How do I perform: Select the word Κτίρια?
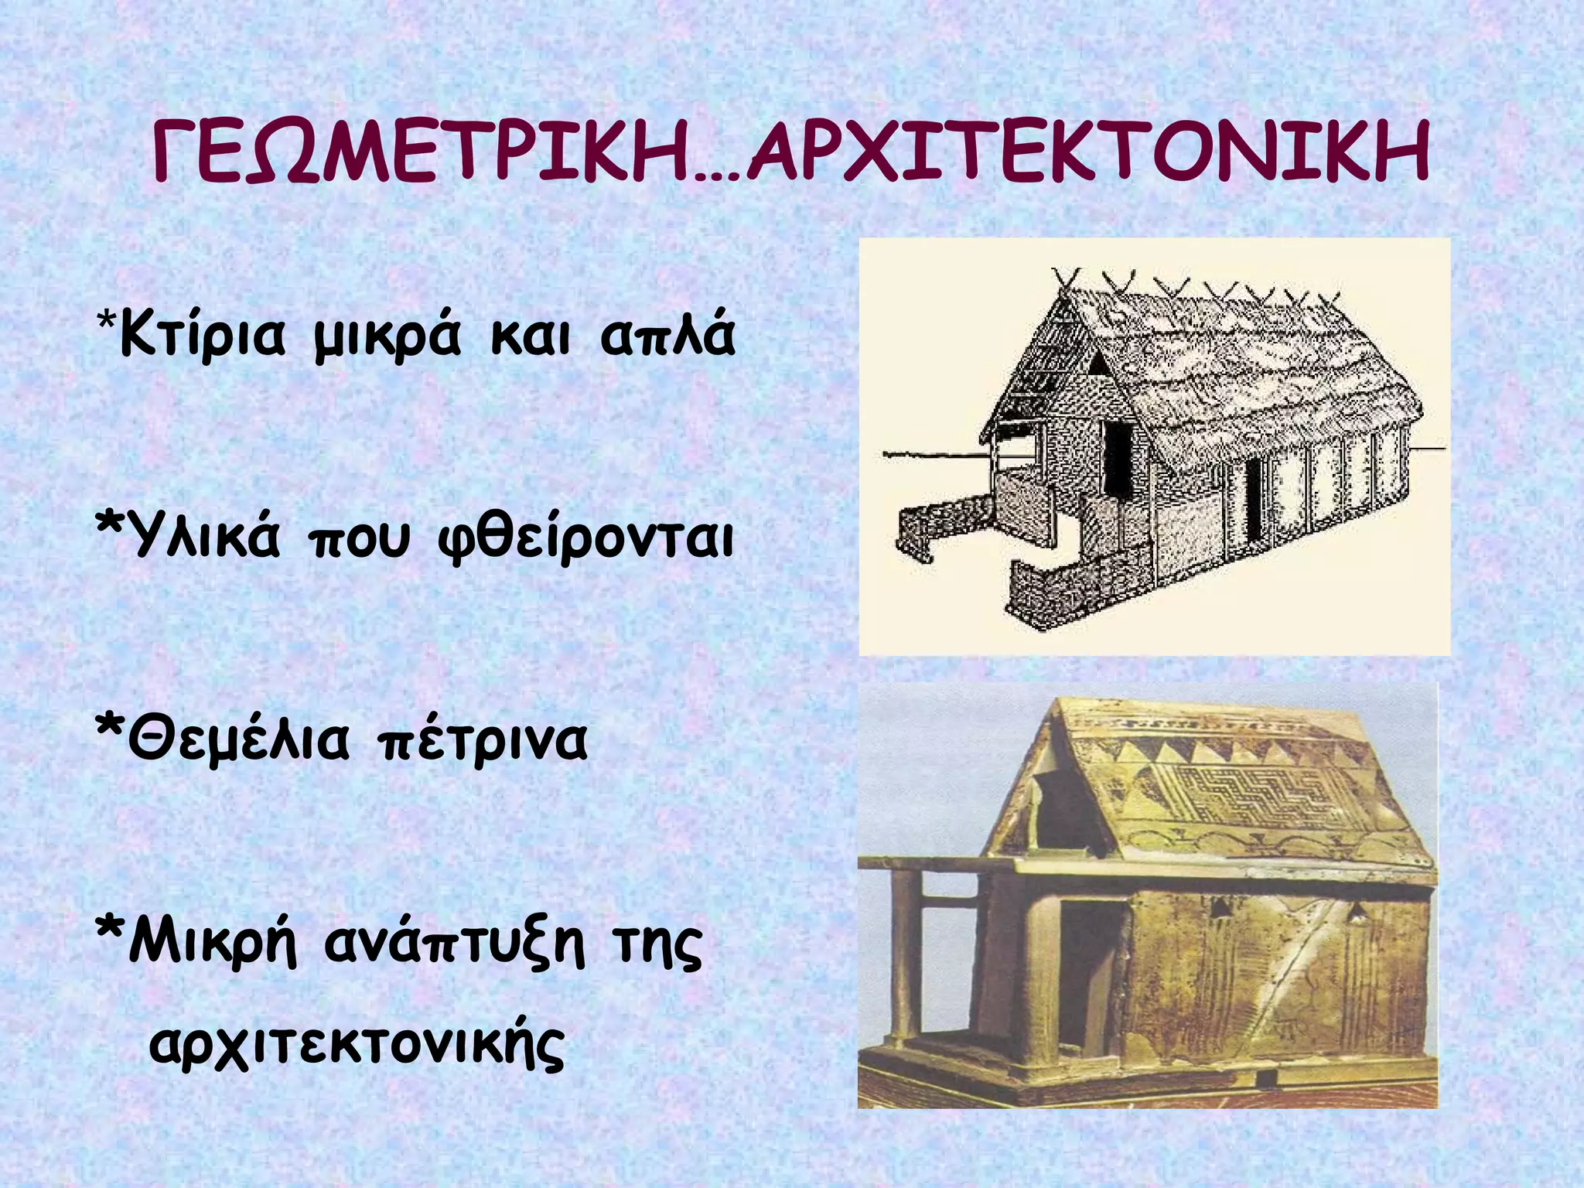click(203, 335)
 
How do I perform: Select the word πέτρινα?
click(482, 740)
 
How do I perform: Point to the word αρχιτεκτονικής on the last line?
click(357, 1046)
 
